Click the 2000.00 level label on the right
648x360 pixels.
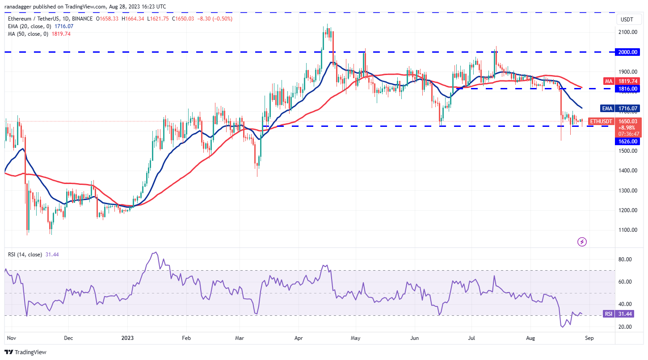click(627, 52)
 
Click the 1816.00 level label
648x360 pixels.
click(627, 89)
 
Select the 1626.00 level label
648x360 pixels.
click(627, 141)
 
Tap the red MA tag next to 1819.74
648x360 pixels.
click(608, 81)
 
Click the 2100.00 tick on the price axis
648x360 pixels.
click(627, 32)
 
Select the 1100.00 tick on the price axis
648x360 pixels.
click(627, 230)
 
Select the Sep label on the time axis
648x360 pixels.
click(589, 339)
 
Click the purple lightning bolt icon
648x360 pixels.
click(582, 242)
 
